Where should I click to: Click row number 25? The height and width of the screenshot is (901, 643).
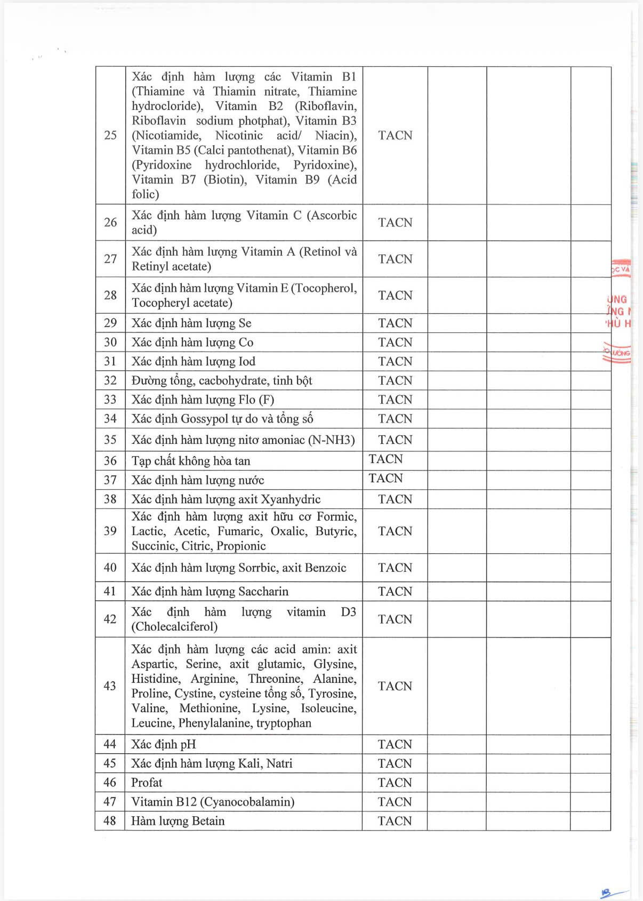coord(110,135)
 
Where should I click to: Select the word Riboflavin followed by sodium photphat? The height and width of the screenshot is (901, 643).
coord(159,121)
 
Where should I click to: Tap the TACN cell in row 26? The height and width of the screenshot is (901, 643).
coord(395,222)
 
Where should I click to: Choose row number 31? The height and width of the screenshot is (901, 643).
coord(110,362)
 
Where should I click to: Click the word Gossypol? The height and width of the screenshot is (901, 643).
coord(204,419)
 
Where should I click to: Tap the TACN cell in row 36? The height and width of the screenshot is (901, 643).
coord(385,459)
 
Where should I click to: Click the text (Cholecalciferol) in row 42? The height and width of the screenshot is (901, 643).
coord(174,627)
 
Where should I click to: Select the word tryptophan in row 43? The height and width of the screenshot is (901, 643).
coord(284,723)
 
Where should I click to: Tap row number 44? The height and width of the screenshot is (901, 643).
coord(110,744)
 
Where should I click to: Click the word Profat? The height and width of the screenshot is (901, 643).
coord(147,783)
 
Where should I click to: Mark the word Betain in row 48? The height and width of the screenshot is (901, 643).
coord(207,821)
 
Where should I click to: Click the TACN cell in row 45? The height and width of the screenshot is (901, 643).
coord(395,763)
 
